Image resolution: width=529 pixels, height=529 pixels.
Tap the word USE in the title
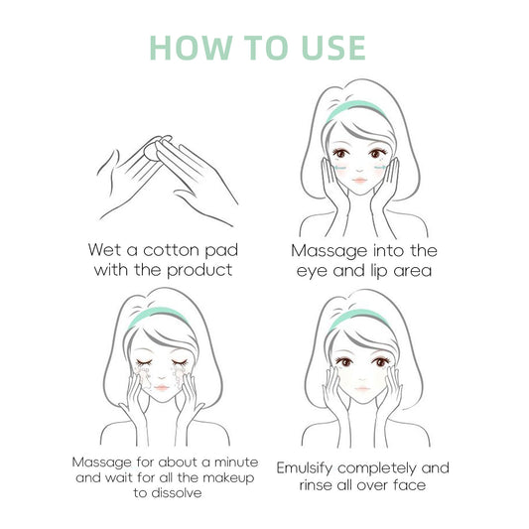click(334, 48)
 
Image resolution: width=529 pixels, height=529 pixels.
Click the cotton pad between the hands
click(153, 149)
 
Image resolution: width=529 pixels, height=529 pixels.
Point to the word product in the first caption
click(199, 271)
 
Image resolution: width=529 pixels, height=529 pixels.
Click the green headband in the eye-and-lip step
click(355, 109)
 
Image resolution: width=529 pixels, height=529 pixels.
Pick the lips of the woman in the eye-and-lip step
click(360, 180)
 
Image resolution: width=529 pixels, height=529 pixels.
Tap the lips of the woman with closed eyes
click(161, 387)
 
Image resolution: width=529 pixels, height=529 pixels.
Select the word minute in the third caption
click(236, 462)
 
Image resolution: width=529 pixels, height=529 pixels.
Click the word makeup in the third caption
click(228, 478)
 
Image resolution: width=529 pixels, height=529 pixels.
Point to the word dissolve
click(176, 493)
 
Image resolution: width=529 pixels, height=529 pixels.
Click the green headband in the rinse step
click(359, 319)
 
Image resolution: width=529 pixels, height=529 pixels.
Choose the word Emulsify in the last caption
click(305, 468)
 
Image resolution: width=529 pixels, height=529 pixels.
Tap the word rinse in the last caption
click(316, 485)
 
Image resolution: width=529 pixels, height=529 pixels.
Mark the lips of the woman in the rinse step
click(361, 389)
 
